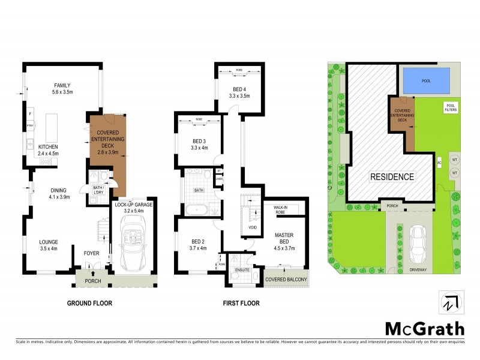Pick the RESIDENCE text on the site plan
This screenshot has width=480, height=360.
pos(391,177)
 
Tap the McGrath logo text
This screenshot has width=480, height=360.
pos(424,328)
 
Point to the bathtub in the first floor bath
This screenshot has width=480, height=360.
pos(197,210)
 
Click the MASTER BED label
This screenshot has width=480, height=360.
pos(283,239)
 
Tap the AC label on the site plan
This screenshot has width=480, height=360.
pos(440,162)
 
